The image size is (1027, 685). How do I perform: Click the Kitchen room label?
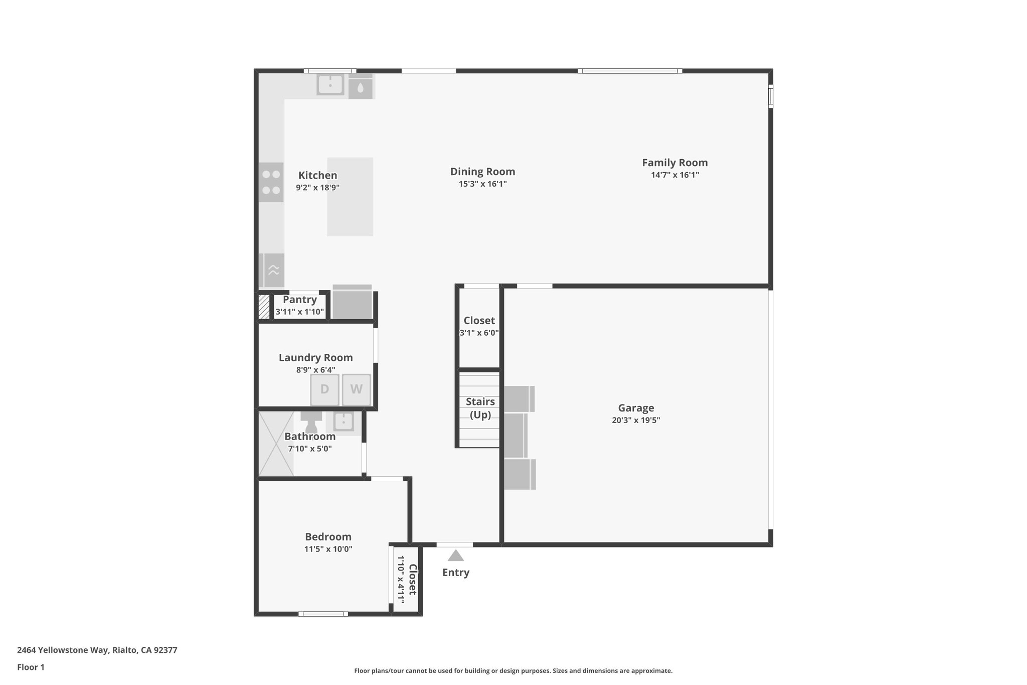pyautogui.click(x=317, y=175)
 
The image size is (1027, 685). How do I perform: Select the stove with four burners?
pyautogui.click(x=271, y=182)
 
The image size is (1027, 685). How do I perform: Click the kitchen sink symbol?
pyautogui.click(x=330, y=84)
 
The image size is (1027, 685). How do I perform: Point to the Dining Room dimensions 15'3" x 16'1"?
pyautogui.click(x=482, y=184)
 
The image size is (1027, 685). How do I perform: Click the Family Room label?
pyautogui.click(x=674, y=163)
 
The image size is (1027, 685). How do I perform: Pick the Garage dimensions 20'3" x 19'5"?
pyautogui.click(x=635, y=421)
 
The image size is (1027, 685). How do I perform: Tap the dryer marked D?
pyautogui.click(x=324, y=389)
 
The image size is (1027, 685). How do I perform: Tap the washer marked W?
pyautogui.click(x=356, y=389)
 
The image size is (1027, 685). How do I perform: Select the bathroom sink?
pyautogui.click(x=344, y=421)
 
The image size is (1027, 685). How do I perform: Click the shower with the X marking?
pyautogui.click(x=276, y=444)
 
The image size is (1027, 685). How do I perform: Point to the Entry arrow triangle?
pyautogui.click(x=455, y=556)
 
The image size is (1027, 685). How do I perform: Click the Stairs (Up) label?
pyautogui.click(x=480, y=408)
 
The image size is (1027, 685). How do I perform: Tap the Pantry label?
pyautogui.click(x=299, y=300)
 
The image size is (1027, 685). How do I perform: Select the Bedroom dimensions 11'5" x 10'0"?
pyautogui.click(x=328, y=549)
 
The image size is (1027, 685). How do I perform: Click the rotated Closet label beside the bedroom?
pyautogui.click(x=412, y=580)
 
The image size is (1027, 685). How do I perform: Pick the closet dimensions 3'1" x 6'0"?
pyautogui.click(x=479, y=333)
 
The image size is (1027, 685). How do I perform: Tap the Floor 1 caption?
pyautogui.click(x=31, y=667)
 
